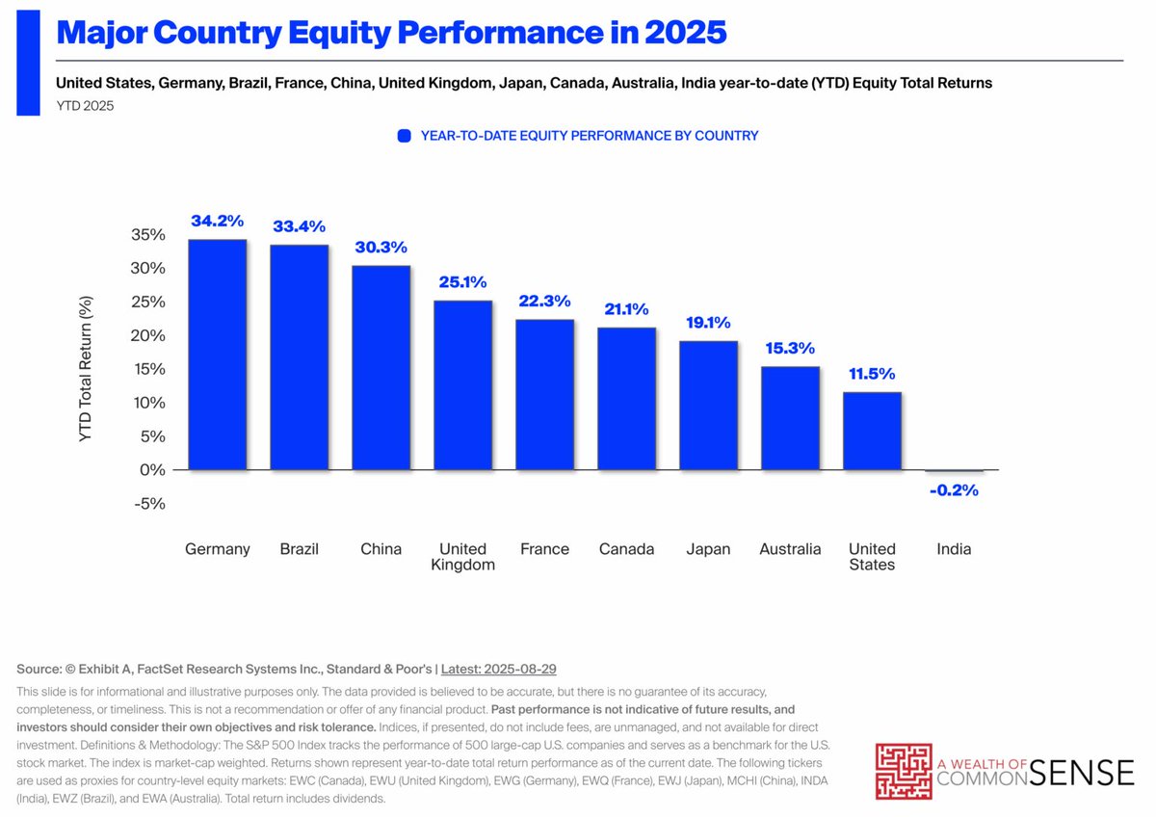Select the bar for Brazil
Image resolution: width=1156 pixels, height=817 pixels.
[299, 357]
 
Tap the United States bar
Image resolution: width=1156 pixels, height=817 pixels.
[872, 431]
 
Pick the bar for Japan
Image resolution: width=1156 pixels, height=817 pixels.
[708, 406]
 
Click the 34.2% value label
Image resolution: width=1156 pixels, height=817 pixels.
[217, 221]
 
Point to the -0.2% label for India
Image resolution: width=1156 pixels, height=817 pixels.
[954, 490]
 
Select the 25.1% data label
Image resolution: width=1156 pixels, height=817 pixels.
[462, 282]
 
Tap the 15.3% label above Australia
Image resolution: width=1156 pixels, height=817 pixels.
[790, 348]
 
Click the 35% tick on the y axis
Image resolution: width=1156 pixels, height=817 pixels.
[147, 234]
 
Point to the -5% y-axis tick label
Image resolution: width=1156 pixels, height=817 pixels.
[150, 503]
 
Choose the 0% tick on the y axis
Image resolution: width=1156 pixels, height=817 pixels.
[152, 469]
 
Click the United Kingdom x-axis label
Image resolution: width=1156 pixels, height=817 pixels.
[462, 557]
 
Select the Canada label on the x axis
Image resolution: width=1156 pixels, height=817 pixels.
[626, 549]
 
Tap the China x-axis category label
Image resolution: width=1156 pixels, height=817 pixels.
[381, 549]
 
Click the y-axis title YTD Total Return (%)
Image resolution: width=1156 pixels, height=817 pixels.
[86, 369]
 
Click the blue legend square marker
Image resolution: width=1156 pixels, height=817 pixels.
[405, 136]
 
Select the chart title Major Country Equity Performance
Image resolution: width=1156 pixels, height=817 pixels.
[391, 33]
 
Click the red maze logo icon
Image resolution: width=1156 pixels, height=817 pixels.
[904, 771]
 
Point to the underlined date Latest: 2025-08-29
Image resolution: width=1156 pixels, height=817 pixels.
[498, 669]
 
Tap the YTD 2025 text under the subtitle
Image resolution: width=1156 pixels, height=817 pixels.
[85, 106]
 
